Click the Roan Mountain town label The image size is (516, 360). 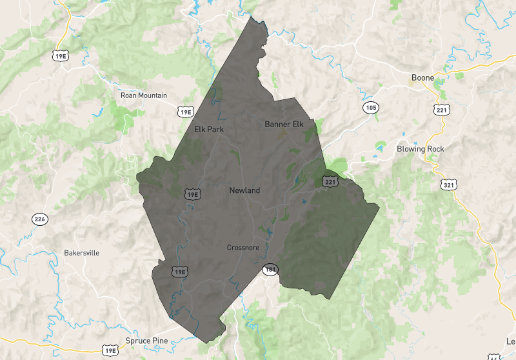[x=143, y=95]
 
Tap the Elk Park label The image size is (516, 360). [x=208, y=129]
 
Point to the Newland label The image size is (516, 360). [x=244, y=190]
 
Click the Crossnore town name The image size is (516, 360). [x=243, y=248]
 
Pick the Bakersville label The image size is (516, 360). [x=82, y=253]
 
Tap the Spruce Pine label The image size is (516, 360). [x=148, y=341]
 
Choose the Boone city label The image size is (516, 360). [x=422, y=78]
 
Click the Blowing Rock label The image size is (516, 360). [x=420, y=149]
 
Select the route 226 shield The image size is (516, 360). [x=40, y=219]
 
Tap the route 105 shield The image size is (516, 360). [x=370, y=107]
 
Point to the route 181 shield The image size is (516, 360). [x=270, y=270]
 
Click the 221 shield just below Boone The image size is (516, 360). [x=442, y=108]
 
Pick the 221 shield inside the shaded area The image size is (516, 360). [x=330, y=182]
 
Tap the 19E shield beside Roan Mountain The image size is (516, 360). [x=186, y=112]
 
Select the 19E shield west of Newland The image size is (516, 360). [x=192, y=194]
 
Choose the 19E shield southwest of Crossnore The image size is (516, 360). [x=179, y=272]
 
